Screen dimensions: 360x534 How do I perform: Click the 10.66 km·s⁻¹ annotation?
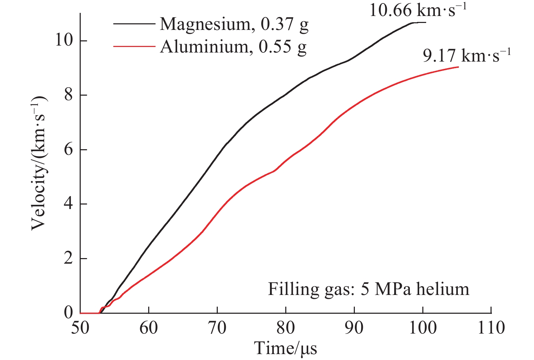click(x=417, y=10)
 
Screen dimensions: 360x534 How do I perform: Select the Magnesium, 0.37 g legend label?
click(x=234, y=24)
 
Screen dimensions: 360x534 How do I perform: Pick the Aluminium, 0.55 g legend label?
click(x=233, y=47)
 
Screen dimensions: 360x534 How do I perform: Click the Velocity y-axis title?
click(x=39, y=163)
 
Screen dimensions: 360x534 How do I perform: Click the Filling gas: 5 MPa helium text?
click(x=368, y=289)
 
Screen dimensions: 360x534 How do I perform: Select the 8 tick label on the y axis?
click(x=69, y=95)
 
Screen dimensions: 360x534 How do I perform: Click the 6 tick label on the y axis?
click(x=69, y=150)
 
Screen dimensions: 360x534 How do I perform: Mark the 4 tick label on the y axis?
click(x=69, y=204)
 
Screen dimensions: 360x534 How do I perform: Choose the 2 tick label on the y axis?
click(x=69, y=259)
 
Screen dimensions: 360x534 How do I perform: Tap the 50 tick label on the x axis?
click(x=80, y=328)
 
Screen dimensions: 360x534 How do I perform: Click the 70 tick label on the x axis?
click(x=217, y=328)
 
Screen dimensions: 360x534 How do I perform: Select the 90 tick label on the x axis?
click(x=354, y=328)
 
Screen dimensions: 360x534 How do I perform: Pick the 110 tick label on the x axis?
click(x=491, y=328)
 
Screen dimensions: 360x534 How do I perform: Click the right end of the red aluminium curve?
click(x=458, y=67)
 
